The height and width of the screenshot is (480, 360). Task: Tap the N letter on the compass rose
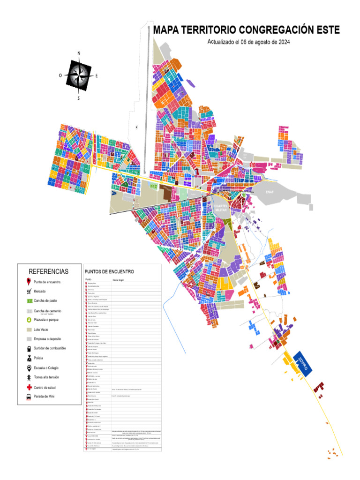[x=79, y=53]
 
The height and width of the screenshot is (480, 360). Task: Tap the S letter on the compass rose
[x=79, y=98]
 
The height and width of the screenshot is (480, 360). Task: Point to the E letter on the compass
[x=97, y=75]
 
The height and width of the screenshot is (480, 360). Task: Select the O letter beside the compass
[x=60, y=75]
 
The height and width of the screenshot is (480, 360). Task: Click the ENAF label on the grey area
[x=270, y=192]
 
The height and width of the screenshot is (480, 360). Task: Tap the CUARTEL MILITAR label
[x=220, y=208]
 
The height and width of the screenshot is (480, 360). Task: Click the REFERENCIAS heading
[x=49, y=271]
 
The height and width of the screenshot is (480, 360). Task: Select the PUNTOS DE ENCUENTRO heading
[x=109, y=271]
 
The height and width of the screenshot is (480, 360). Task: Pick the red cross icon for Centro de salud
[x=29, y=387]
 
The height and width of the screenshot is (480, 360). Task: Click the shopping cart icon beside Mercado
[x=29, y=291]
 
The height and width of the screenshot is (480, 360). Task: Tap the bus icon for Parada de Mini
[x=29, y=397]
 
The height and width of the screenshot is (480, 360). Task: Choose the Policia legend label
[x=38, y=358]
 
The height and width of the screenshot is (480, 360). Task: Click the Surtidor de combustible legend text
[x=50, y=348]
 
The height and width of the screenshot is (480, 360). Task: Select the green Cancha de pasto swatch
[x=29, y=300]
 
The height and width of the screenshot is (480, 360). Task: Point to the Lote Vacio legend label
[x=41, y=330]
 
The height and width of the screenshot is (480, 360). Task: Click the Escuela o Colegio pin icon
[x=29, y=368]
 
